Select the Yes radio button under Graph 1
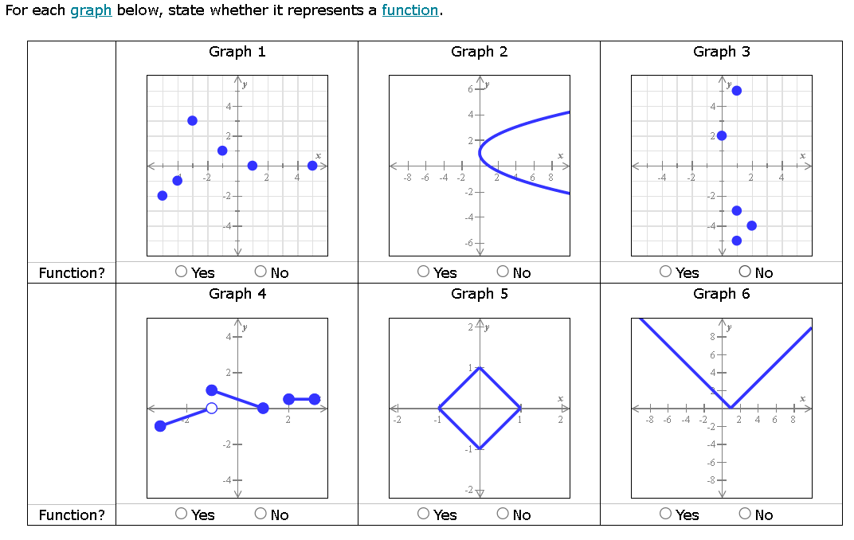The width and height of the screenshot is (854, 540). pyautogui.click(x=182, y=272)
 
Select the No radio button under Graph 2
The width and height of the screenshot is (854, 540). pyautogui.click(x=503, y=272)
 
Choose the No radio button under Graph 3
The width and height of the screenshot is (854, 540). pyautogui.click(x=746, y=272)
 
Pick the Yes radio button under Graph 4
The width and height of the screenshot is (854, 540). pyautogui.click(x=182, y=514)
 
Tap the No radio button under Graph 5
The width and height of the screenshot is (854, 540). pyautogui.click(x=503, y=514)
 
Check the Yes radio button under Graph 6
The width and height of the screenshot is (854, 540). pyautogui.click(x=666, y=514)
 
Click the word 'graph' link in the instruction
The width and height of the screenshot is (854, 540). pyautogui.click(x=91, y=10)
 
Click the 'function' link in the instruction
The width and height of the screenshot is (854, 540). pyautogui.click(x=409, y=10)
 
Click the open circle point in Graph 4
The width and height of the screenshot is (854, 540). pyautogui.click(x=211, y=409)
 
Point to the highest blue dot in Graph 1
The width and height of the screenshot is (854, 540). pyautogui.click(x=192, y=120)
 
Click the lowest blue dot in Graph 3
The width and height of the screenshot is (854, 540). pyautogui.click(x=737, y=241)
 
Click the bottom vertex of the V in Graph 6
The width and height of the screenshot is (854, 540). pyautogui.click(x=731, y=408)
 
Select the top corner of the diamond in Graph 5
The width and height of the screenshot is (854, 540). pyautogui.click(x=480, y=367)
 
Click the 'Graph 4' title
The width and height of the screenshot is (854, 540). pyautogui.click(x=237, y=294)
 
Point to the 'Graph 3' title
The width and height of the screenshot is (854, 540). pyautogui.click(x=721, y=52)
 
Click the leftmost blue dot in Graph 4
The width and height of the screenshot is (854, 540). pyautogui.click(x=160, y=426)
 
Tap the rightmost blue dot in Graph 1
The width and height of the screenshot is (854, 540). pyautogui.click(x=312, y=166)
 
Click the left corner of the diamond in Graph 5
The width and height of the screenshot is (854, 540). pyautogui.click(x=439, y=408)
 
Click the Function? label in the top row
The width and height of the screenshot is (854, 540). pyautogui.click(x=72, y=273)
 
